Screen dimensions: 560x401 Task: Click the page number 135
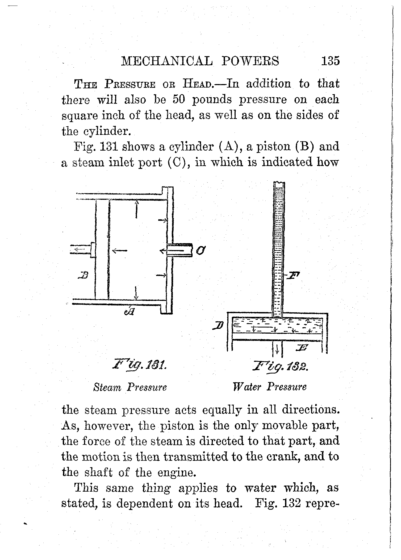[x=330, y=61]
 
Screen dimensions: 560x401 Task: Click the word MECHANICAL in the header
[x=167, y=61]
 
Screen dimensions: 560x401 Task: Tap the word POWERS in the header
[x=250, y=61]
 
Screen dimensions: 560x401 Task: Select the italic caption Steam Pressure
[x=130, y=387]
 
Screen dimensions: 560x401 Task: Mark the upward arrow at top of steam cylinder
[x=136, y=209]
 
